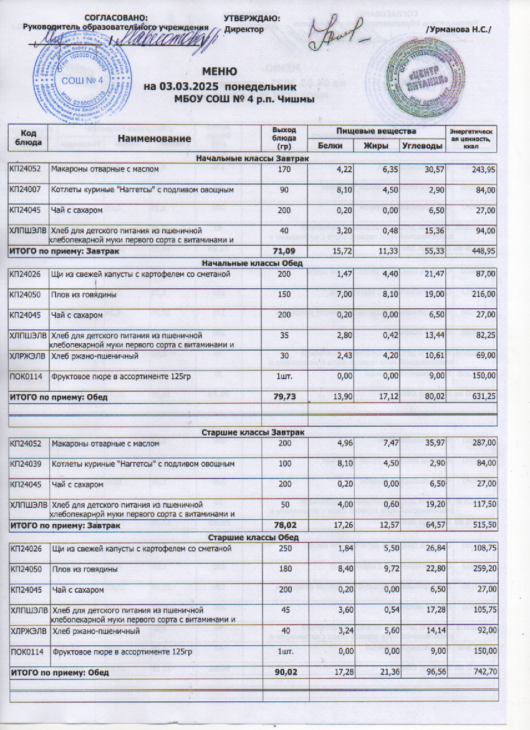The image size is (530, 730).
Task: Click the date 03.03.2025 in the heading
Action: coord(191,86)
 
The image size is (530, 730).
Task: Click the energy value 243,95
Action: coord(482,170)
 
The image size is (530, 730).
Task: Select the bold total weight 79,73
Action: coord(280,397)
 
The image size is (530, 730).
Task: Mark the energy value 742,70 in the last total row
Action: coord(482,673)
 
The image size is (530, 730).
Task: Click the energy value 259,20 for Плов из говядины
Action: coord(482,569)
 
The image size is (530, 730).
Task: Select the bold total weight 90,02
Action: coord(280,673)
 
